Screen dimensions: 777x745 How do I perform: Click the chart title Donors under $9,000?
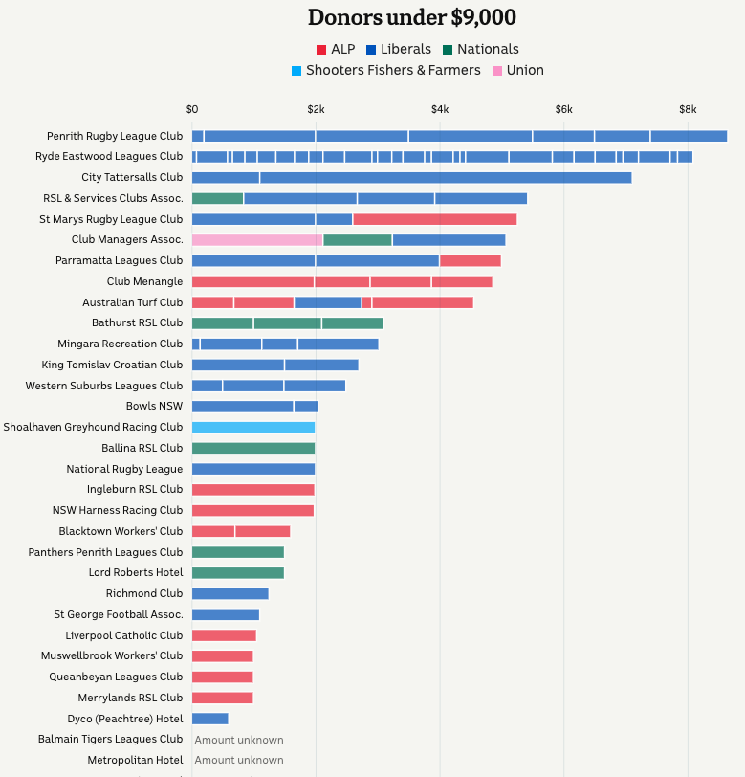411,17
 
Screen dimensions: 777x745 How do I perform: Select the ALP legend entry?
335,49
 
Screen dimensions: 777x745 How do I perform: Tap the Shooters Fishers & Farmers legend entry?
385,70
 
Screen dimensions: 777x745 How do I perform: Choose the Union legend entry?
517,70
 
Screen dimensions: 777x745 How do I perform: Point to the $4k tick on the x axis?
439,108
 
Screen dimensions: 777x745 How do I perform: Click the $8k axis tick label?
687,108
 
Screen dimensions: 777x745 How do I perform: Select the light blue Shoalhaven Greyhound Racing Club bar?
253,428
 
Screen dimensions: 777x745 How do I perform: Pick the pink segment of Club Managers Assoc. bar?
257,240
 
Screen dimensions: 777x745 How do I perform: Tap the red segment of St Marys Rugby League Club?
434,219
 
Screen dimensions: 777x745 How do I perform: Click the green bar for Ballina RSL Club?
253,448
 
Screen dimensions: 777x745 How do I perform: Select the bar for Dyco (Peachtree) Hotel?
210,719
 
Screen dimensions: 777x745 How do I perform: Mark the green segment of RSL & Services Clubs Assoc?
217,198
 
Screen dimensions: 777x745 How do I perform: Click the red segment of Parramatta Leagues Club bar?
470,260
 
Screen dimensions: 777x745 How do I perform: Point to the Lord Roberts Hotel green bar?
238,573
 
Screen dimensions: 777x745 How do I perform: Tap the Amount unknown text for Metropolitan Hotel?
239,760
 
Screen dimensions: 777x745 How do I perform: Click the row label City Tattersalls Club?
132,177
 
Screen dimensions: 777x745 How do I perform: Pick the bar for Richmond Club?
230,594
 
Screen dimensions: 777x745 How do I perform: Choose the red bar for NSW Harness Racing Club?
252,511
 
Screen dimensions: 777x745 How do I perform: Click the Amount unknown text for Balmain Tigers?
239,740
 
